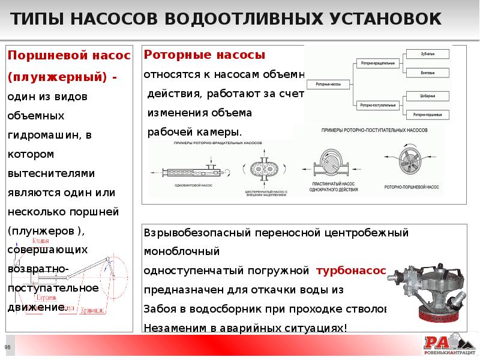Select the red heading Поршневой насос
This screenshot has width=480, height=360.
coord(68,56)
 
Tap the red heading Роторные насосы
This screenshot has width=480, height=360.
coord(205,55)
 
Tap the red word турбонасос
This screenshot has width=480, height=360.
coord(352,271)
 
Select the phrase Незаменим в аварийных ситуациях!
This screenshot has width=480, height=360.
coord(245,328)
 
